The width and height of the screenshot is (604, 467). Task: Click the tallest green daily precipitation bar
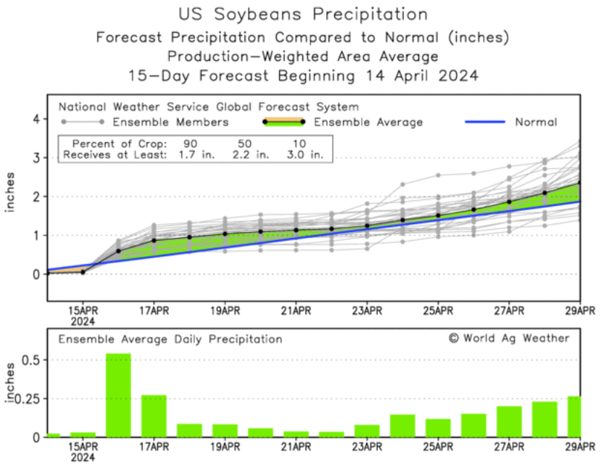(118, 395)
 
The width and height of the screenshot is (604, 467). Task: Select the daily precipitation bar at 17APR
(154, 416)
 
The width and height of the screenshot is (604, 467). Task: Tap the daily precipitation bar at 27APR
(509, 421)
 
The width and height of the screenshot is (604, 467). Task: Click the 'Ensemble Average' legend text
(368, 122)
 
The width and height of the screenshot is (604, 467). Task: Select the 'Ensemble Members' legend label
(170, 122)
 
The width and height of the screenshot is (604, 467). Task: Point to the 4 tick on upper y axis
(36, 119)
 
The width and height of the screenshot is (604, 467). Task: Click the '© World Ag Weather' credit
(509, 338)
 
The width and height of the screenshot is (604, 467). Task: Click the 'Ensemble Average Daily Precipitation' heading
(170, 339)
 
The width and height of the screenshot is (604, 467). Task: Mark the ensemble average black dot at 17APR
(154, 240)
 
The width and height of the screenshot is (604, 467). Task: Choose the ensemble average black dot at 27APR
(509, 202)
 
